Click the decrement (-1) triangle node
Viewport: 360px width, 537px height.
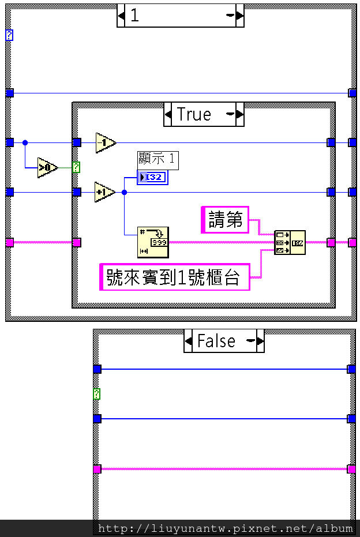point(106,142)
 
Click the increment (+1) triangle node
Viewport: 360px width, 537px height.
point(105,192)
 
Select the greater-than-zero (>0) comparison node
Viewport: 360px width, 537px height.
point(47,168)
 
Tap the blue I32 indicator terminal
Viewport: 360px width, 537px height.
point(152,178)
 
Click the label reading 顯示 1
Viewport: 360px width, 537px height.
point(157,160)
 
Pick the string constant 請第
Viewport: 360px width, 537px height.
point(225,220)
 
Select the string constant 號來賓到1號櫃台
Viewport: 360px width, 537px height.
point(175,277)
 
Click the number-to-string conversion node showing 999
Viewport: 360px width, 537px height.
point(153,242)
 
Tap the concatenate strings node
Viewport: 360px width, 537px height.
point(290,242)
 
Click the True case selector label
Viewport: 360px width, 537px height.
point(194,114)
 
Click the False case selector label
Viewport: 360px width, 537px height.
point(216,340)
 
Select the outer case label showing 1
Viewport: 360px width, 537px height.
point(134,16)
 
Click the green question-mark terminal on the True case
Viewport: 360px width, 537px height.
point(76,167)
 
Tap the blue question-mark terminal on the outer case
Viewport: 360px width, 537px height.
point(9,35)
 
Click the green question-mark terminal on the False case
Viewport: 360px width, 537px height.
point(97,394)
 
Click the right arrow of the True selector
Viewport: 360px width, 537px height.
point(240,114)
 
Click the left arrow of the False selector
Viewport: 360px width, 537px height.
point(189,341)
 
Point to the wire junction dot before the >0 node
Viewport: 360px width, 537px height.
point(25,142)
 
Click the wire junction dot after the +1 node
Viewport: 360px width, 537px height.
point(125,193)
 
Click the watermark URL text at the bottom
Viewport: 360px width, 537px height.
point(225,528)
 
